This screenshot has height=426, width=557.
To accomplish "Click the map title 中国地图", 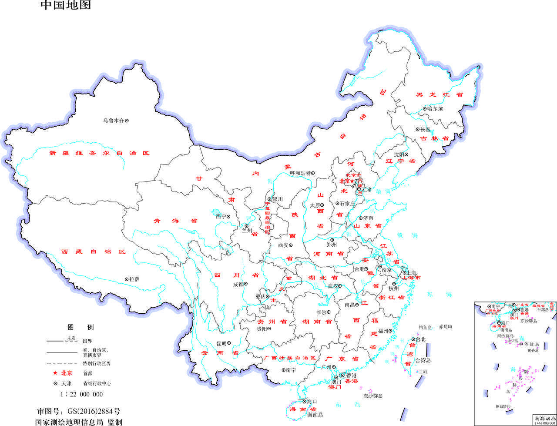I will click(x=66, y=6).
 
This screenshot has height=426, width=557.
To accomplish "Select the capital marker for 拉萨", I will click(x=127, y=279).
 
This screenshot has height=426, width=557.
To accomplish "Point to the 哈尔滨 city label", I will click(x=435, y=109).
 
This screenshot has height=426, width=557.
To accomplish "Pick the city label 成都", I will click(x=238, y=284).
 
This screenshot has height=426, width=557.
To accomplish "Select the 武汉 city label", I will click(x=333, y=286).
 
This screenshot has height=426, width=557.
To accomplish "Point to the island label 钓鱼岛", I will click(x=425, y=327).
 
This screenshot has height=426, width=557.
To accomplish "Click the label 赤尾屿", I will click(x=445, y=326).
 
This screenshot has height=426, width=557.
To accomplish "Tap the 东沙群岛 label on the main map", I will click(x=373, y=396).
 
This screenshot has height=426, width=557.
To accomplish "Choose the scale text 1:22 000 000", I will click(x=81, y=394).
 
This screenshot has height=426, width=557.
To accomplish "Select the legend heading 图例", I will click(x=81, y=327).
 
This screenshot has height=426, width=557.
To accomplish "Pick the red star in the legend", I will click(x=55, y=373).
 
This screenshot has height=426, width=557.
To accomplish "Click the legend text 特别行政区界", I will click(x=97, y=363).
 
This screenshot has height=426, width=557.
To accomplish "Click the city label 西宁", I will click(x=221, y=216).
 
